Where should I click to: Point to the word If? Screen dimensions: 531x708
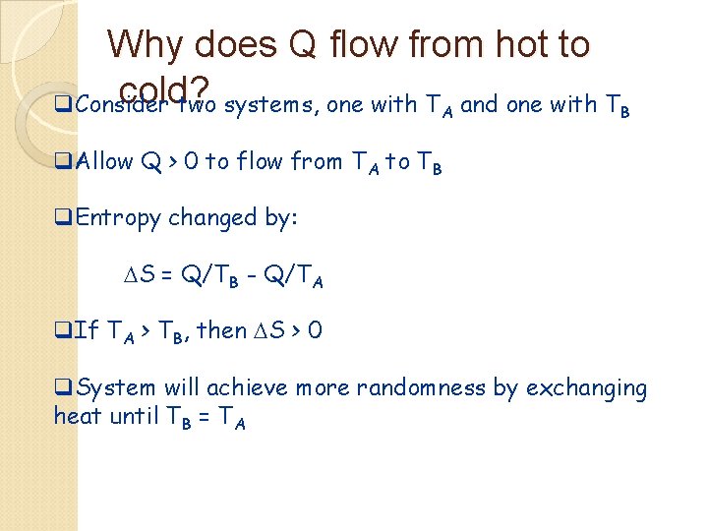coord(87,331)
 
